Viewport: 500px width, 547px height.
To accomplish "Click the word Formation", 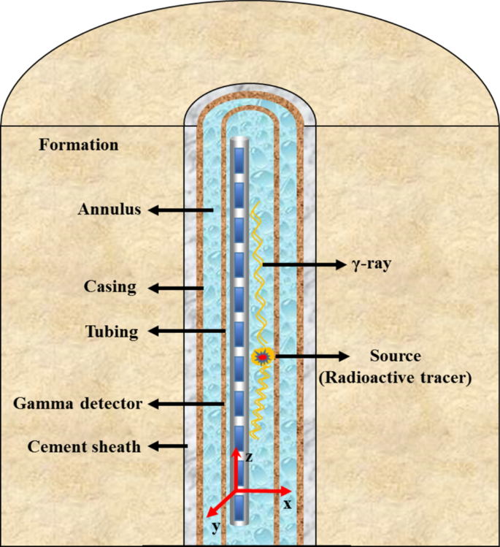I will coord(78,145).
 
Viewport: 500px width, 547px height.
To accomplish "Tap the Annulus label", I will coord(108,210).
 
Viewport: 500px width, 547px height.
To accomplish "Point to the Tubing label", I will coord(111,332).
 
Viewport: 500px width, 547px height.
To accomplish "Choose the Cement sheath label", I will coord(84,446).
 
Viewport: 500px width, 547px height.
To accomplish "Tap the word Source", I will coord(396,356).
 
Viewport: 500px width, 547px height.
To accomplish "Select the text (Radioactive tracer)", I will coord(396,378).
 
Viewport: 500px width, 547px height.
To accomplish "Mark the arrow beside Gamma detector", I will coord(187,403).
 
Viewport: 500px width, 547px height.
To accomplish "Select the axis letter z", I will coord(248,457).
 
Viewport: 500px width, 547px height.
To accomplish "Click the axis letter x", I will coord(287,504).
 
